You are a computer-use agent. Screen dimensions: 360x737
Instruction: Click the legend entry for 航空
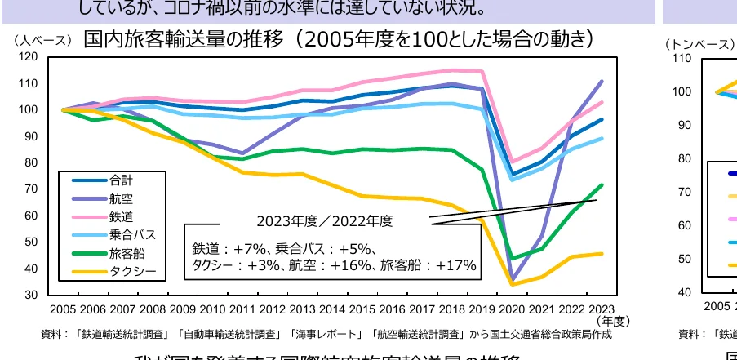(120, 198)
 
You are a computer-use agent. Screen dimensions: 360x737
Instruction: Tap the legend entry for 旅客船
(123, 252)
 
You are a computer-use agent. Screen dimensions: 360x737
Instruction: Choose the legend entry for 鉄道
(120, 216)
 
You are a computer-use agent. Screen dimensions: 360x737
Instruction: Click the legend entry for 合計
(120, 180)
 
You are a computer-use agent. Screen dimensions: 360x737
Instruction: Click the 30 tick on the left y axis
(31, 294)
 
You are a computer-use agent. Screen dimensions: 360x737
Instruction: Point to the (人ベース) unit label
(42, 40)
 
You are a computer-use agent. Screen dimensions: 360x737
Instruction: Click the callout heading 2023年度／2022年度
(325, 220)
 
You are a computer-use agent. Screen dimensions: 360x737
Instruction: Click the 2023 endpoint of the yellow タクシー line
(602, 253)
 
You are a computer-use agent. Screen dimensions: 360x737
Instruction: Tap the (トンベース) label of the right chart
(699, 44)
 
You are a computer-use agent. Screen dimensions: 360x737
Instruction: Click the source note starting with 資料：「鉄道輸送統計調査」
(326, 334)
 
